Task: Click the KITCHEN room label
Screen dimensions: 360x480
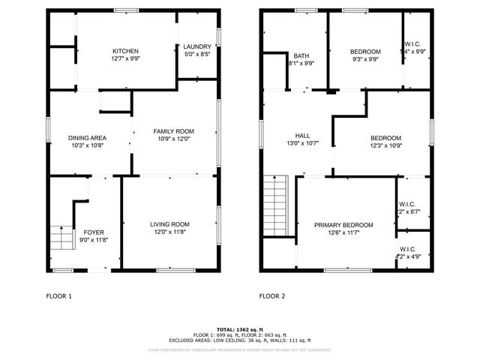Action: [125, 51]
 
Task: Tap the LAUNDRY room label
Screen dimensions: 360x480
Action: [197, 46]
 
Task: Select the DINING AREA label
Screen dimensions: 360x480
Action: [87, 138]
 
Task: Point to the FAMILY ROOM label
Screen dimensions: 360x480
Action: [174, 131]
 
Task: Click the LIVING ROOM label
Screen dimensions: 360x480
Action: [169, 224]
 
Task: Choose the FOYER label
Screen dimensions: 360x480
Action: [94, 232]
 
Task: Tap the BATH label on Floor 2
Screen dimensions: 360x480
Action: [301, 55]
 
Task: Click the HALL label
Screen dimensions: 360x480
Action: [302, 135]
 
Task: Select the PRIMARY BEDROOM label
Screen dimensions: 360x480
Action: [343, 225]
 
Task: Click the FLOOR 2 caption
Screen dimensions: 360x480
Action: [272, 296]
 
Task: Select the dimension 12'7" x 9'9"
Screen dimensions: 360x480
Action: [125, 58]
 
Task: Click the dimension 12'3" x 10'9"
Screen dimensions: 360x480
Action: [385, 145]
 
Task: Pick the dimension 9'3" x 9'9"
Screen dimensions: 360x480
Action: [365, 59]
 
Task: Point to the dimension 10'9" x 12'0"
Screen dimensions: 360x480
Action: [174, 139]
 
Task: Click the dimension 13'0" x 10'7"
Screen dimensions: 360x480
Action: [302, 142]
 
